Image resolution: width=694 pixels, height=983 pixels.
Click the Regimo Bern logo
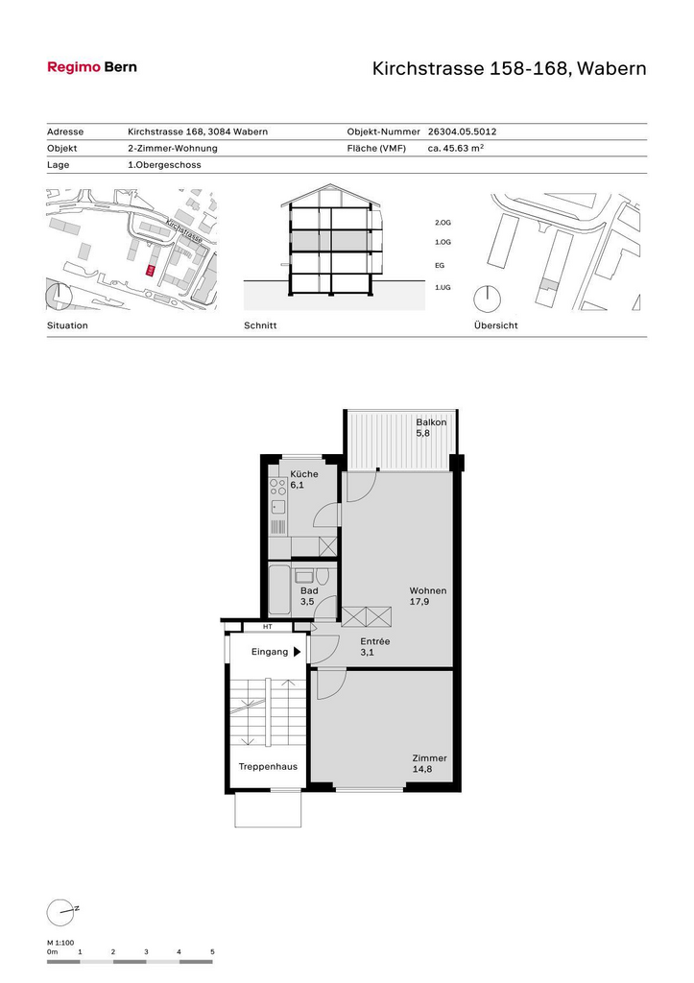click(92, 67)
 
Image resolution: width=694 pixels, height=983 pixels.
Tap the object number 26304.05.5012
click(462, 132)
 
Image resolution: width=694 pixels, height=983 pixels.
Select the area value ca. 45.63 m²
click(456, 148)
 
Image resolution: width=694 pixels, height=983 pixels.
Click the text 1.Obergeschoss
click(164, 165)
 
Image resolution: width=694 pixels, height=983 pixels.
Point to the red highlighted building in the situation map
click(151, 270)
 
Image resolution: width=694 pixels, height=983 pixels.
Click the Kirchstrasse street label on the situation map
click(184, 230)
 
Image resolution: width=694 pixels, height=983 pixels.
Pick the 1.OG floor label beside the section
click(443, 242)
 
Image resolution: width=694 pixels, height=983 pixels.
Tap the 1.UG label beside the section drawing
click(443, 287)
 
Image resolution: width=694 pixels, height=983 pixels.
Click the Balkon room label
click(431, 422)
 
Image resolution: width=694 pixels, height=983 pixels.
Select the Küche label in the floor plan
click(304, 474)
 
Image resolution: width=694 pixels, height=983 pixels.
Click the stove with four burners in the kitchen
click(277, 487)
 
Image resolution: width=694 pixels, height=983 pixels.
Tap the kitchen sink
click(277, 507)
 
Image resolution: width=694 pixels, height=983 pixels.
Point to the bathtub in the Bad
click(279, 590)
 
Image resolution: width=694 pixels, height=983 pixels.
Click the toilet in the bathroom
click(323, 576)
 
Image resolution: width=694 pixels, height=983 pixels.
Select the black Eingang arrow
click(298, 652)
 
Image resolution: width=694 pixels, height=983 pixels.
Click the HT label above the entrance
click(268, 626)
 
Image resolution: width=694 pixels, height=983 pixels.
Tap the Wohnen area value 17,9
click(419, 602)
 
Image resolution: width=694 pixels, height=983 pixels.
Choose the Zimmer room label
click(429, 758)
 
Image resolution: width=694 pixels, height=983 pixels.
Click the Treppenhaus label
click(269, 767)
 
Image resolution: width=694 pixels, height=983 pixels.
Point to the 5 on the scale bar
click(212, 951)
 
